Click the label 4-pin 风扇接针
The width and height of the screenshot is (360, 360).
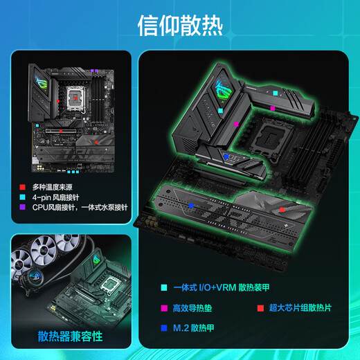coord(57,197)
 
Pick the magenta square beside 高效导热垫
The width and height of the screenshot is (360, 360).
coord(164,307)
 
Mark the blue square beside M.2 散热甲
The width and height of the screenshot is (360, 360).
coord(164,328)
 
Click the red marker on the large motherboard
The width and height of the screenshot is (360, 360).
coord(282,208)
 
